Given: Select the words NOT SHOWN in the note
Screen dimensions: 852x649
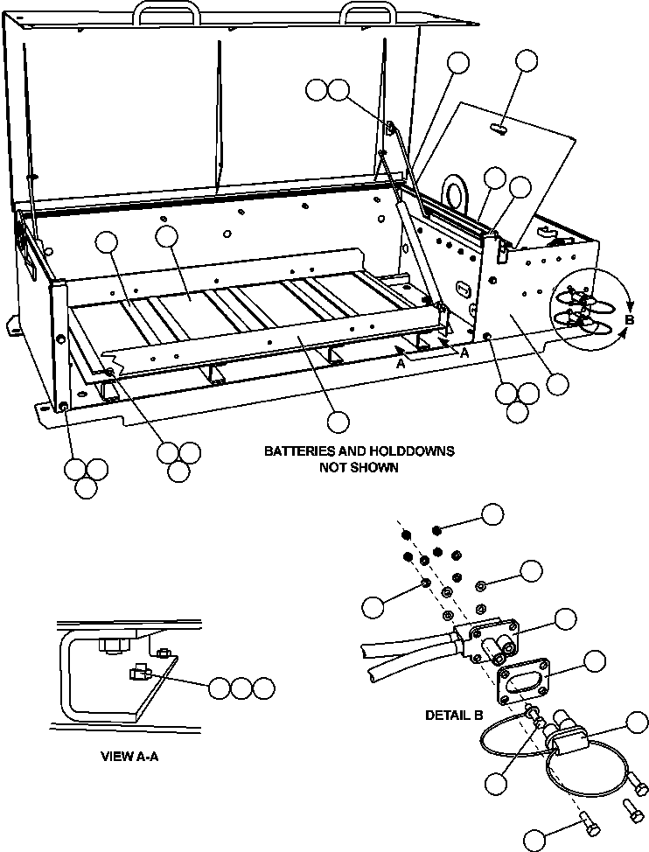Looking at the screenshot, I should (x=359, y=467).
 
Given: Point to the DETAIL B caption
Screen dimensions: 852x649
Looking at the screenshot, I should (x=454, y=715).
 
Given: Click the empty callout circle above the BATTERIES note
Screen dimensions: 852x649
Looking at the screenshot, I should (x=338, y=422).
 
